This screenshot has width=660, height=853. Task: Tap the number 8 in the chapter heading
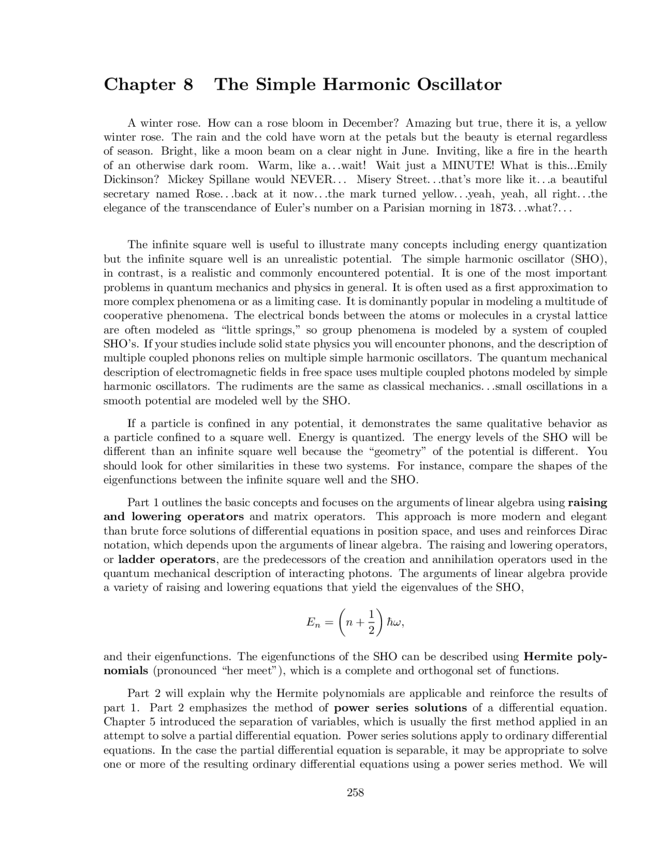coord(188,84)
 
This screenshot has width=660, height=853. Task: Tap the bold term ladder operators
coord(167,559)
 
